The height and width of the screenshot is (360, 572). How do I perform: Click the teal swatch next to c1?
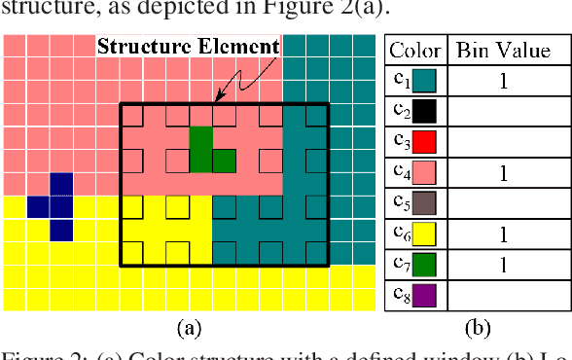(425, 81)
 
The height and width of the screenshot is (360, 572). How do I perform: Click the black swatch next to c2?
(425, 111)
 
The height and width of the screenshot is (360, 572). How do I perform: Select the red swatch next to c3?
(425, 142)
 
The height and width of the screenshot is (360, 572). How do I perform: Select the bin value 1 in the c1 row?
(503, 82)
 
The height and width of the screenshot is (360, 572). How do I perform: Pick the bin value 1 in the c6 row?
(503, 234)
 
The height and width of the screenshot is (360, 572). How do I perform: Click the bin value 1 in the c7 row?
(503, 264)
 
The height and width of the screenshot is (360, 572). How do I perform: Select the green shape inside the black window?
(204, 152)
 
